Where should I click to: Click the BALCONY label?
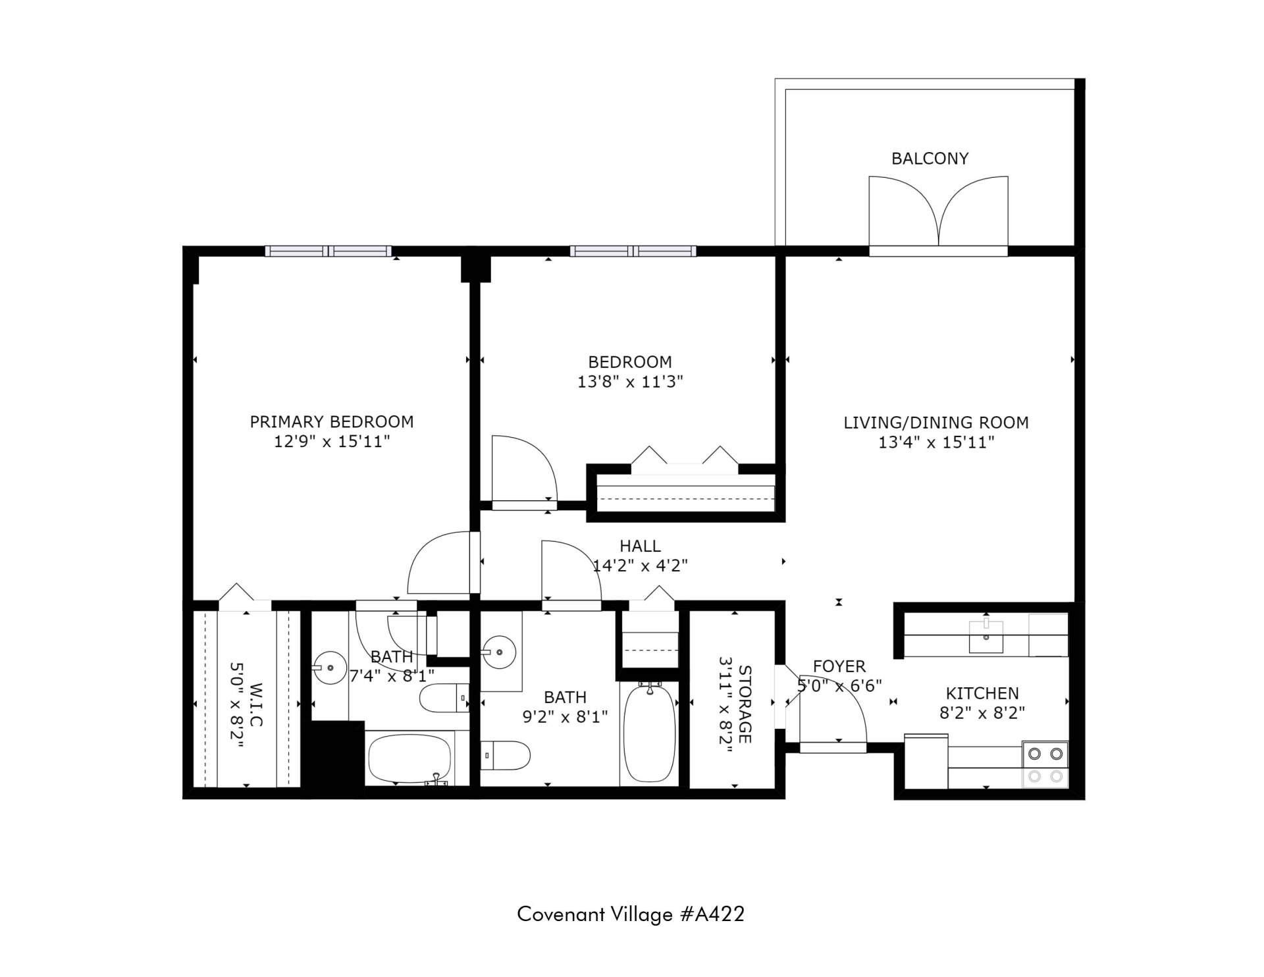click(x=930, y=159)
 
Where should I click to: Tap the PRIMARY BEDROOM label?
click(x=332, y=421)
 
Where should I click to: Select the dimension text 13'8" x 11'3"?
click(x=630, y=382)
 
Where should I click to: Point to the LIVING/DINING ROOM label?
click(x=936, y=423)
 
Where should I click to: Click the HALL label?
click(x=640, y=546)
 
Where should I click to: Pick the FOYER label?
click(x=839, y=666)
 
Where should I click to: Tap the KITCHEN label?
click(x=982, y=693)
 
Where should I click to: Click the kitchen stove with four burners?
click(x=1045, y=764)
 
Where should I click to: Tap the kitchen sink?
click(x=986, y=635)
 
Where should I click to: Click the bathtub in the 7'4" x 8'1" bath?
click(x=409, y=758)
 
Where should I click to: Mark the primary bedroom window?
click(x=329, y=251)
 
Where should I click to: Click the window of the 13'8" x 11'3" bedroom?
click(x=633, y=251)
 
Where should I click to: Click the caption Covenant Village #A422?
click(x=631, y=914)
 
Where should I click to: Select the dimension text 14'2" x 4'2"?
click(x=641, y=566)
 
